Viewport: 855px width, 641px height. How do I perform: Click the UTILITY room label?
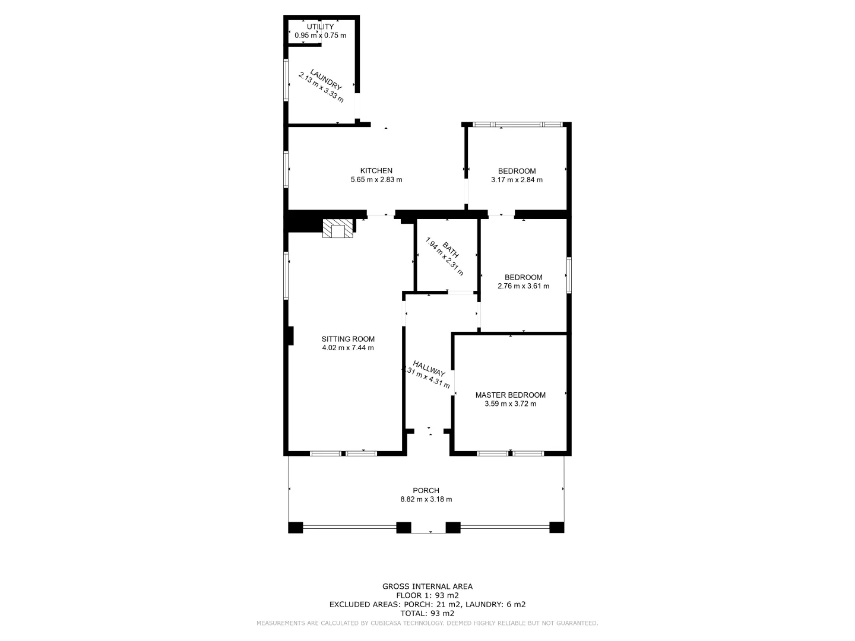tap(320, 27)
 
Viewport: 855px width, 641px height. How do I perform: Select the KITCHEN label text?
tap(376, 171)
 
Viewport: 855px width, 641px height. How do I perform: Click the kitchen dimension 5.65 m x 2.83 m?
tap(376, 180)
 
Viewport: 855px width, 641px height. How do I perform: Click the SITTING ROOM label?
tap(348, 339)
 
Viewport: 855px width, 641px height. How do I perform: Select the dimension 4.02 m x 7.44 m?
tap(348, 348)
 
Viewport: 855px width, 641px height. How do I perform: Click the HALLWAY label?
tap(429, 369)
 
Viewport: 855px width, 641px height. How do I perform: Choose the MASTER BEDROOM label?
tap(510, 395)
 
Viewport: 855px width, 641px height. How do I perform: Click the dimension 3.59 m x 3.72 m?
tap(510, 404)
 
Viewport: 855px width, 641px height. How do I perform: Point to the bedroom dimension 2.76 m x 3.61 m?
tap(523, 286)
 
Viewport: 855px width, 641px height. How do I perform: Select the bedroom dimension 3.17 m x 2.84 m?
tap(517, 180)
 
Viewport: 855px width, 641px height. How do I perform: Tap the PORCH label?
tap(426, 490)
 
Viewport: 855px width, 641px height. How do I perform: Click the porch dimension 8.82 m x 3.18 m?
tap(426, 499)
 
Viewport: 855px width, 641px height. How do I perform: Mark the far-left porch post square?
tap(295, 527)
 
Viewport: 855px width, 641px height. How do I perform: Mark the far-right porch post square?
tap(556, 527)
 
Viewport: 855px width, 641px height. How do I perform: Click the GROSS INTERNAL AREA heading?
tap(427, 586)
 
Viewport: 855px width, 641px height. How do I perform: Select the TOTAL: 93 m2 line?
tap(427, 613)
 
